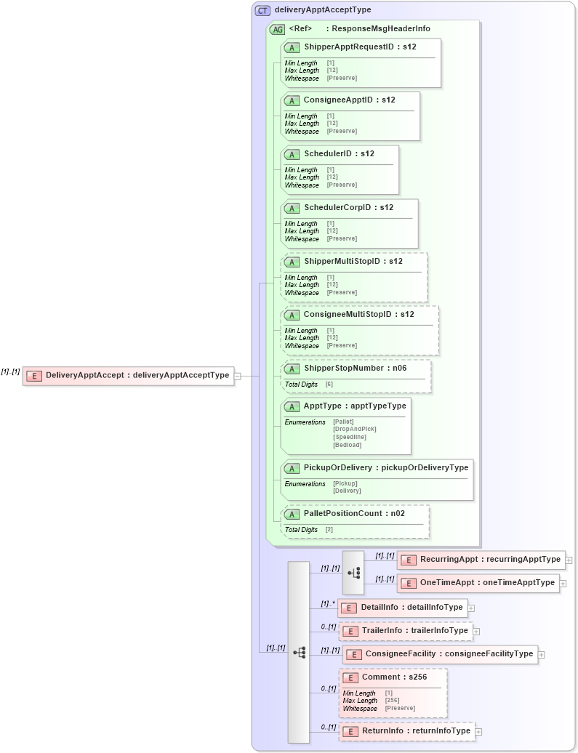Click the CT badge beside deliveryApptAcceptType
point(262,10)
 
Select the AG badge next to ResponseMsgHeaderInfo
point(277,29)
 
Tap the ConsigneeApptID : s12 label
point(349,100)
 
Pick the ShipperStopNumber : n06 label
point(355,369)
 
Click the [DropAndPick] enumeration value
point(354,429)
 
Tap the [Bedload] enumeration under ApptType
point(347,445)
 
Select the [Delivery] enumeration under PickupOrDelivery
point(347,491)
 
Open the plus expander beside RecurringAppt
point(569,560)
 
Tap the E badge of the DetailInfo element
point(348,608)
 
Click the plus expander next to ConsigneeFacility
point(542,655)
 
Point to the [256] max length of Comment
point(392,701)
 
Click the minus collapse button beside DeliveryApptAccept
point(237,376)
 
